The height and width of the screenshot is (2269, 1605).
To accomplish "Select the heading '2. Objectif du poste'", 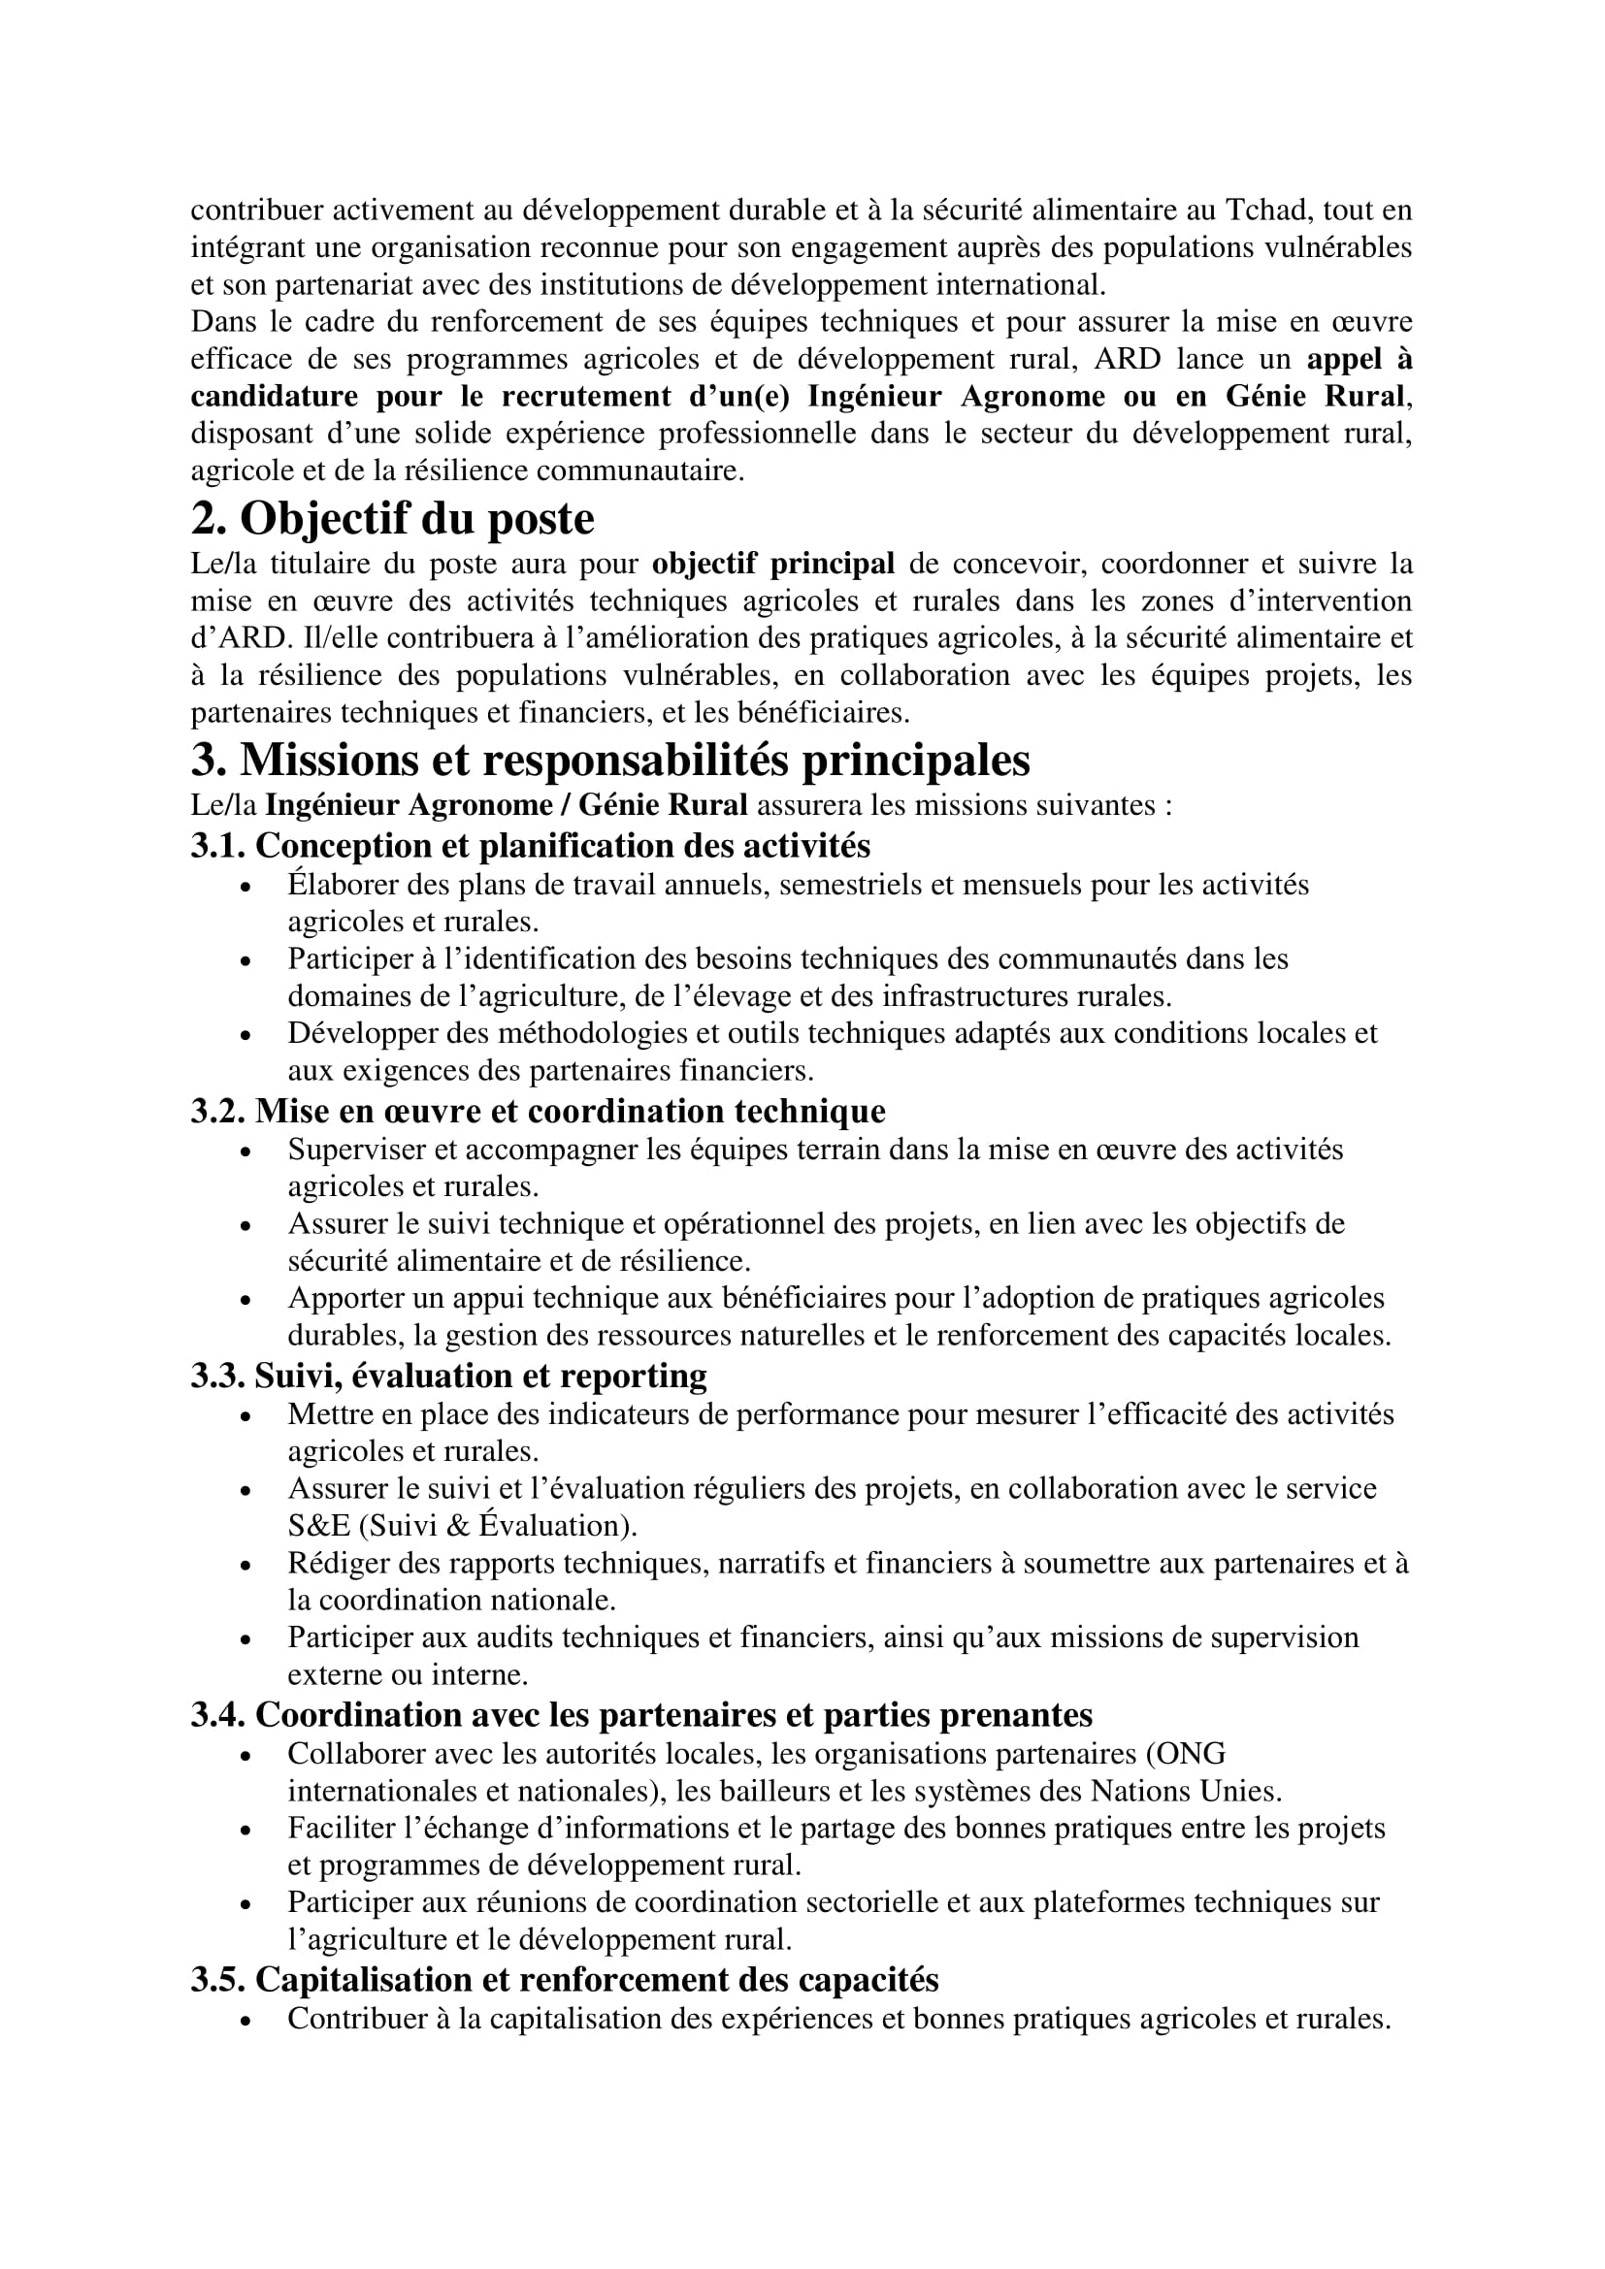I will click(392, 519).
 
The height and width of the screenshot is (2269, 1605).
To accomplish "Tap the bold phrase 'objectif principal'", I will click(772, 565).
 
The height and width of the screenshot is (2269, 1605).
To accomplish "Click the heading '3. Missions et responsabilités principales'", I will click(609, 759).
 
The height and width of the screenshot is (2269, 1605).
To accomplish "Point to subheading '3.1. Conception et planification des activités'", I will click(531, 846).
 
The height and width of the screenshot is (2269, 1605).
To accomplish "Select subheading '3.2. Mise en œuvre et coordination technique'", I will click(538, 1111).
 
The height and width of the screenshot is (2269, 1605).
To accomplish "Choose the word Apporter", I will click(342, 1298).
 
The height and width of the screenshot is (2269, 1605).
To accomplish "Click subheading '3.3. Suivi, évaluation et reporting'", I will click(448, 1376).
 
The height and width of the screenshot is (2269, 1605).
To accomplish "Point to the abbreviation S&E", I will click(318, 1526).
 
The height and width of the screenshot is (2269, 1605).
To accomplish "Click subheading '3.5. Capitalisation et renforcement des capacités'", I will click(565, 1980).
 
